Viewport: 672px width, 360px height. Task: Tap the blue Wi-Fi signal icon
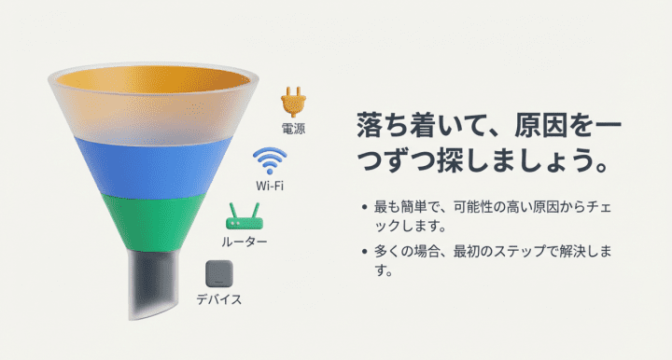270,160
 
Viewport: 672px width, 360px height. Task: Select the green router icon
244,220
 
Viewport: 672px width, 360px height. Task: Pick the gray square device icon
219,274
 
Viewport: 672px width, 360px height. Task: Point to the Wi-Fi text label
270,186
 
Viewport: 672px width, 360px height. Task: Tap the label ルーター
244,242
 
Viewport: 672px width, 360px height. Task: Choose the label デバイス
219,299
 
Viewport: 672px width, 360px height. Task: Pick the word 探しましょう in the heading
526,160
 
